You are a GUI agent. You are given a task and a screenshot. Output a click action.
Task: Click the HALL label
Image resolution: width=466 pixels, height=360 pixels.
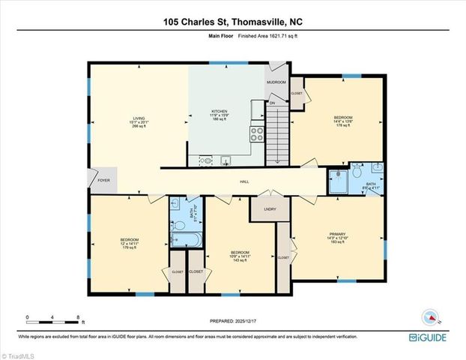pyautogui.click(x=244, y=181)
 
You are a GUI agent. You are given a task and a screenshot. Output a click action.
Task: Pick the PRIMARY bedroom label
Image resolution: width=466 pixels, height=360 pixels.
pyautogui.click(x=336, y=234)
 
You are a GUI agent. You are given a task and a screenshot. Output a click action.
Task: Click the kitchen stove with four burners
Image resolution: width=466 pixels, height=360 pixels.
pyautogui.click(x=257, y=134)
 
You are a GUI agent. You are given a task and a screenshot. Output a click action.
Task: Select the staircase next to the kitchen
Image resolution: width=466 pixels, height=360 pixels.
pyautogui.click(x=279, y=135)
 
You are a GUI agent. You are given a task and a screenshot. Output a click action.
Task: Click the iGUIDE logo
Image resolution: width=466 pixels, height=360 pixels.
pyautogui.click(x=429, y=338)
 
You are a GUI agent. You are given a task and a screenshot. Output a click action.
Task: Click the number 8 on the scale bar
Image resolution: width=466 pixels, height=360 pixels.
pyautogui.click(x=77, y=318)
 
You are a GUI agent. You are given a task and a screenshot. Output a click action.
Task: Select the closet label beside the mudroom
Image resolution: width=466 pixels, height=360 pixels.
pyautogui.click(x=297, y=94)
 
